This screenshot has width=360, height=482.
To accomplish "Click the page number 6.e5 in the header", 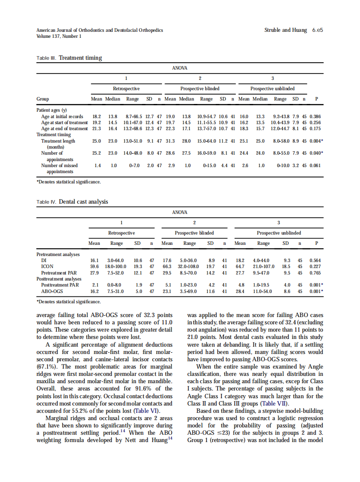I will pyautogui.click(x=317, y=30).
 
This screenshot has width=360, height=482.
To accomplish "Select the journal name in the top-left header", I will pyautogui.click(x=100, y=30).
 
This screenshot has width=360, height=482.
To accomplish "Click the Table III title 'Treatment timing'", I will pyautogui.click(x=80, y=58).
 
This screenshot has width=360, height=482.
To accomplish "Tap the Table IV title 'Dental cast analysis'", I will pyautogui.click(x=83, y=201).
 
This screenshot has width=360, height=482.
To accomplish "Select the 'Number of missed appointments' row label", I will pyautogui.click(x=59, y=168).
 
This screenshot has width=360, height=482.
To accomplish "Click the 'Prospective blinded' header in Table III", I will pyautogui.click(x=200, y=88).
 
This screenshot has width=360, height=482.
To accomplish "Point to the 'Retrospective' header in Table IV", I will pyautogui.click(x=122, y=233).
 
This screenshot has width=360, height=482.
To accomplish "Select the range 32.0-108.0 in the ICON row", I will pyautogui.click(x=190, y=266).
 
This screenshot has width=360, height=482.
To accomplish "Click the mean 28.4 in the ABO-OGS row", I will pyautogui.click(x=240, y=291).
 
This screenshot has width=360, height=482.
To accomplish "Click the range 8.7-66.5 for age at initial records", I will pyautogui.click(x=132, y=116).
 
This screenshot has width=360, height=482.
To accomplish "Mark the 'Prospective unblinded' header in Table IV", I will pyautogui.click(x=279, y=233).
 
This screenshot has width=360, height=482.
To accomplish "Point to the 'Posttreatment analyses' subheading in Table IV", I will pyautogui.click(x=58, y=279).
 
